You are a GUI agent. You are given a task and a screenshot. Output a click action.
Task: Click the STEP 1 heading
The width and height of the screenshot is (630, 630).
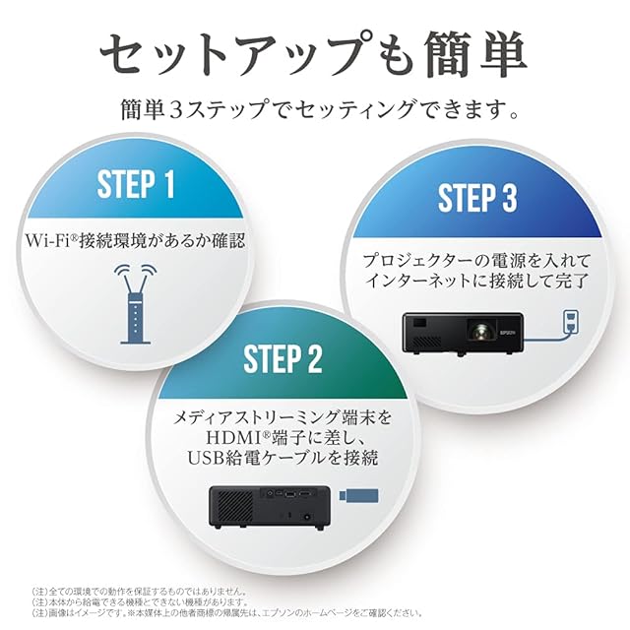[137, 184]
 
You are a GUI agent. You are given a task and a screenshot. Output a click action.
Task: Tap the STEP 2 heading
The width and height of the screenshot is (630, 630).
[283, 359]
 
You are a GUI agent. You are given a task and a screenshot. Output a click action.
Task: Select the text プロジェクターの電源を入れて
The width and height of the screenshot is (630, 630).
[476, 260]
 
